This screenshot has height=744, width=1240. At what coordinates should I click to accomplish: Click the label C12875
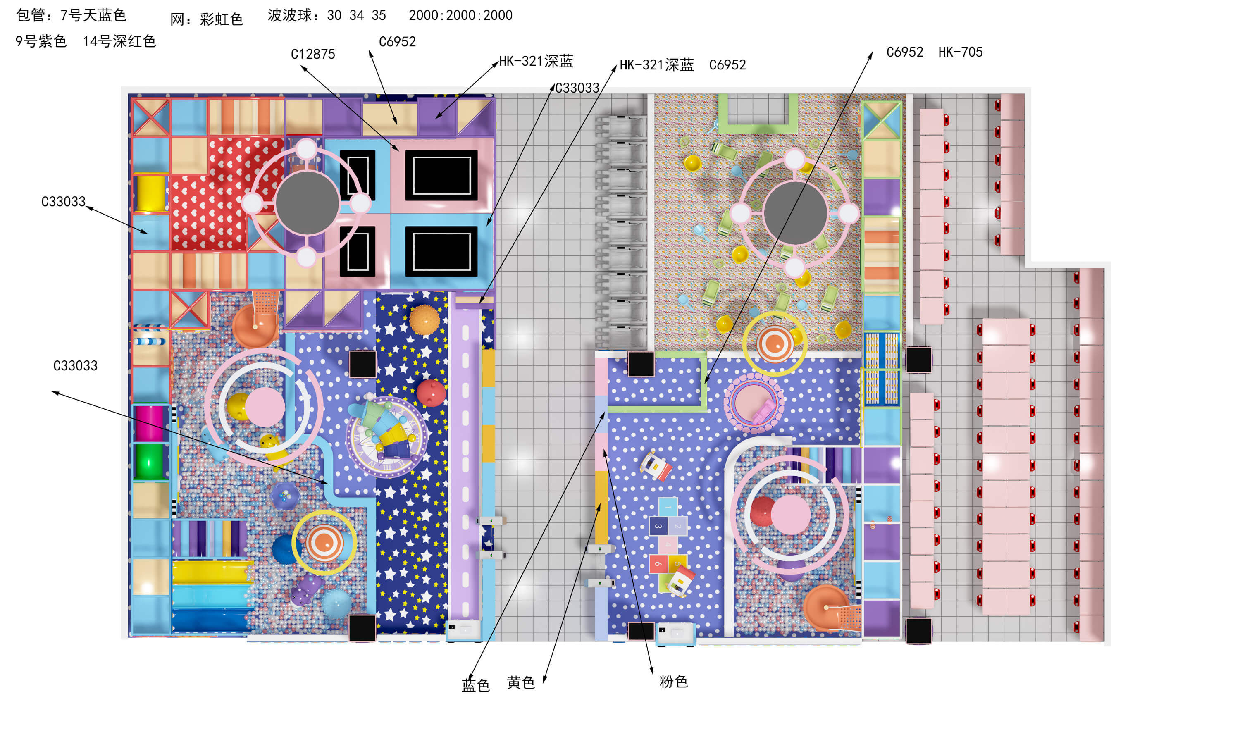click(x=313, y=54)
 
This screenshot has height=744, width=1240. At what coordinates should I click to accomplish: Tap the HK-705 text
click(x=960, y=52)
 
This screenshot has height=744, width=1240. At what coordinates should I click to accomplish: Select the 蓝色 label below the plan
click(x=475, y=685)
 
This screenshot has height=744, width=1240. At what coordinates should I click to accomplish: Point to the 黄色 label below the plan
click(x=521, y=682)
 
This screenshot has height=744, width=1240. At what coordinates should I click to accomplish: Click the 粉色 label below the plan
click(x=673, y=681)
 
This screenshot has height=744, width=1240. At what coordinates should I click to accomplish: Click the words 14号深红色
click(x=119, y=41)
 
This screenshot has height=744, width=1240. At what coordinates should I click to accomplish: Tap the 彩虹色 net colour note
click(x=221, y=19)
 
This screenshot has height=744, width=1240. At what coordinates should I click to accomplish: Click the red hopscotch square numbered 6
click(x=658, y=563)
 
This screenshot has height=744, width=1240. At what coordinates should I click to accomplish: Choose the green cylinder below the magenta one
click(x=149, y=461)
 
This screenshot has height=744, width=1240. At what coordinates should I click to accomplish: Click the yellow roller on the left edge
click(x=150, y=193)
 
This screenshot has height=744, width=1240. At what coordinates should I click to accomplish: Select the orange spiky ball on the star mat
click(x=424, y=320)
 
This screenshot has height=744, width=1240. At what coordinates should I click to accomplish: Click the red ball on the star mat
click(x=431, y=393)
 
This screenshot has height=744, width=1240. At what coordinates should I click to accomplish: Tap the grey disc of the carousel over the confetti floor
click(x=795, y=213)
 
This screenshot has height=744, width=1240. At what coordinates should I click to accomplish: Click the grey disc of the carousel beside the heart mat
click(x=307, y=203)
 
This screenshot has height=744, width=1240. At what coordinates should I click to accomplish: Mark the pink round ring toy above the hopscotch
click(x=754, y=403)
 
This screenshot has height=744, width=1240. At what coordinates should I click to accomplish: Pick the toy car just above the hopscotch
click(x=655, y=466)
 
